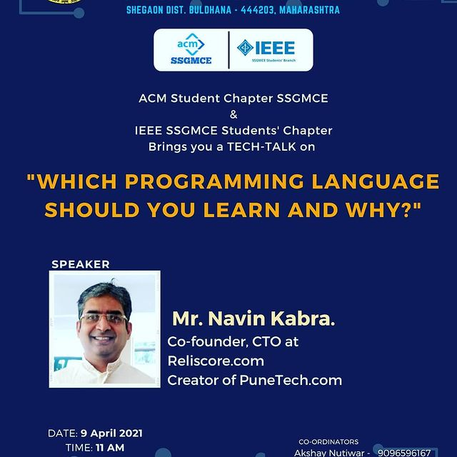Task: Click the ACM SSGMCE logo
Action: click(x=191, y=49)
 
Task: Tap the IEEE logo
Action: click(x=266, y=50)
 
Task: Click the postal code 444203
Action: click(x=258, y=10)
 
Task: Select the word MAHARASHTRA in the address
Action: click(x=309, y=10)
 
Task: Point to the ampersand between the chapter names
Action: click(x=233, y=114)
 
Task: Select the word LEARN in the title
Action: click(x=241, y=210)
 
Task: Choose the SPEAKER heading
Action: click(x=81, y=264)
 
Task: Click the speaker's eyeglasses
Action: click(x=104, y=318)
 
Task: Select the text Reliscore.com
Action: click(x=216, y=361)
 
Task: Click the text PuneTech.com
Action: click(x=291, y=381)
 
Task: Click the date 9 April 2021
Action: click(x=111, y=433)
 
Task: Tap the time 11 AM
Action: click(x=110, y=448)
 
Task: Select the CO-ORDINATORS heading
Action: click(x=328, y=442)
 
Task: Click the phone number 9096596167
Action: click(x=404, y=453)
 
